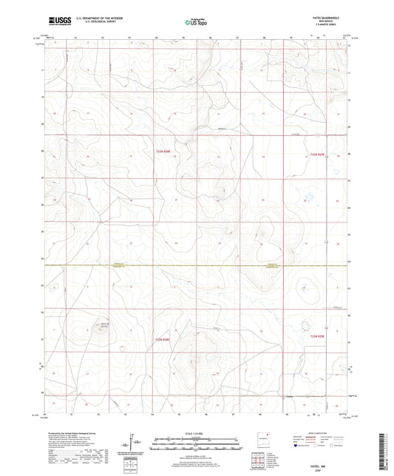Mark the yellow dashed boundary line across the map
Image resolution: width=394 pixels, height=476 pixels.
point(196,264)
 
